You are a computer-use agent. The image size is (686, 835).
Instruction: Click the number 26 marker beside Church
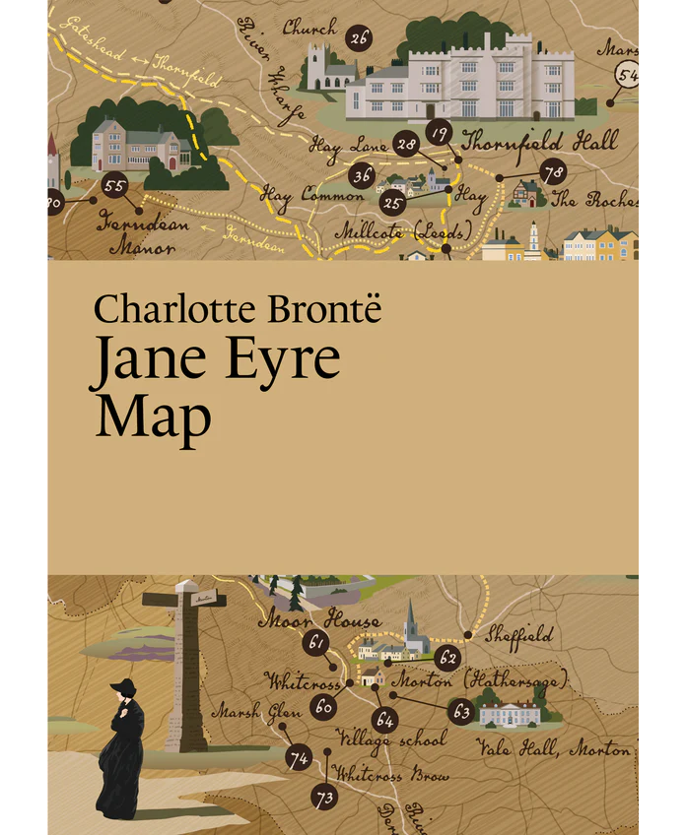pos(359,39)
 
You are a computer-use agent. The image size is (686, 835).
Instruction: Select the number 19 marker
pos(440,133)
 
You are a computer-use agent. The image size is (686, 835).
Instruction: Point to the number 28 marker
pos(406,145)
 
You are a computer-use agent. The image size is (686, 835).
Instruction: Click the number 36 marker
pos(363,176)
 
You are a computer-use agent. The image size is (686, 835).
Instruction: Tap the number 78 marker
pos(553,172)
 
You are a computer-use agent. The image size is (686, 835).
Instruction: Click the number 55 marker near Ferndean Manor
pos(115,184)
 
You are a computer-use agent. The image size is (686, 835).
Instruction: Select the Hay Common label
pos(299,195)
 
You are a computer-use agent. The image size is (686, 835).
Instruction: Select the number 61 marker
pos(315,643)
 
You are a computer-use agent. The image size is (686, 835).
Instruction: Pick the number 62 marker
pos(448,658)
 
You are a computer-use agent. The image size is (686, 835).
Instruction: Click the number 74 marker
pos(298,758)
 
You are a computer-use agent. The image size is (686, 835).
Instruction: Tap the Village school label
pos(391,738)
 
